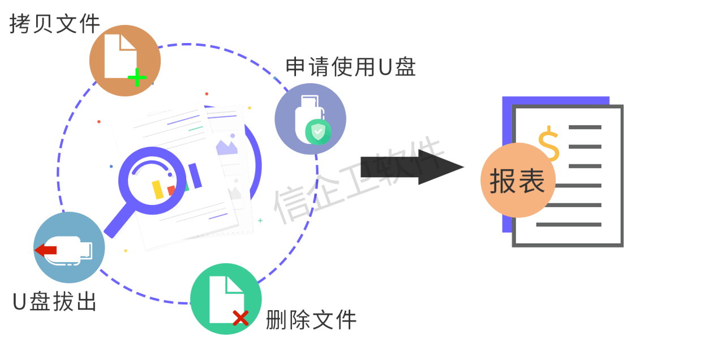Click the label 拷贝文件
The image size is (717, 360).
[55, 24]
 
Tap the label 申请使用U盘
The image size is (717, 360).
[351, 67]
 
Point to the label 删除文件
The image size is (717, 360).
[311, 320]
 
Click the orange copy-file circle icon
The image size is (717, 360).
[125, 61]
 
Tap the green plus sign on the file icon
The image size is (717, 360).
[136, 78]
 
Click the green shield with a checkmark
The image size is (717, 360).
[319, 132]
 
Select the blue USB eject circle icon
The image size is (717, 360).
[69, 247]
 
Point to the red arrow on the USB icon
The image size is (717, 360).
[46, 250]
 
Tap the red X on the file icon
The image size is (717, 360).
[241, 318]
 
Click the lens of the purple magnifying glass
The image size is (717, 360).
[152, 181]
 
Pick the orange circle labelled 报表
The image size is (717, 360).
[518, 181]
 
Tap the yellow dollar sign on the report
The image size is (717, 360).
[548, 143]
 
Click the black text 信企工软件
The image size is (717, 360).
[357, 181]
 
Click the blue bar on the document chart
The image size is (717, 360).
[195, 175]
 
